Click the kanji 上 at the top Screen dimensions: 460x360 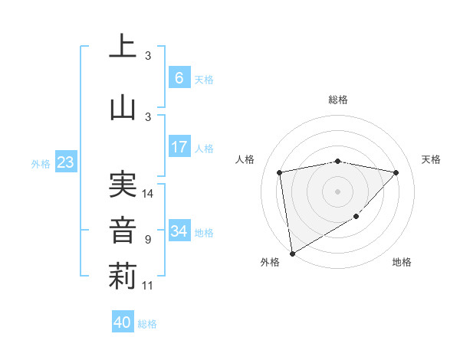coord(123,47)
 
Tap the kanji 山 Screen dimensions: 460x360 coord(123,106)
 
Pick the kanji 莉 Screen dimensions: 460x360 coord(123,277)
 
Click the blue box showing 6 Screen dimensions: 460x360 coord(179,77)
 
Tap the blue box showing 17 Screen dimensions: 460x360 coord(179,147)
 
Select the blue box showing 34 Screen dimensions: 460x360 coord(179,231)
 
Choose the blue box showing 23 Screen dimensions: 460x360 coord(65,162)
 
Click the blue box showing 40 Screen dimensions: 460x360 coord(123,322)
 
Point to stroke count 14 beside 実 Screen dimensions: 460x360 coord(149,194)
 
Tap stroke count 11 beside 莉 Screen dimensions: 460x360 coord(149,286)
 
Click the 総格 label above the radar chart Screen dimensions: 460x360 coord(338,100)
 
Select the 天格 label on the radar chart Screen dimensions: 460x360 coord(432,159)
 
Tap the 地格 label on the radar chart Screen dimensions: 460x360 coord(402,262)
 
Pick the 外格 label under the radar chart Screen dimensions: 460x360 coord(270,262)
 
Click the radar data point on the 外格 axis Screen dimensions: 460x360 coord(292,253)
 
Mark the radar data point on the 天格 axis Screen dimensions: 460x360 coord(396,172)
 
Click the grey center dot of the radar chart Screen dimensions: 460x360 coord(338,191)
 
